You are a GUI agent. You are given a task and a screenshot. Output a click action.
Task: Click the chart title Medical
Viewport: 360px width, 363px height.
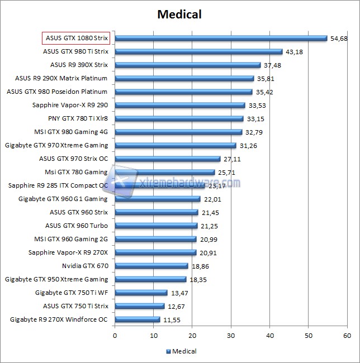179,14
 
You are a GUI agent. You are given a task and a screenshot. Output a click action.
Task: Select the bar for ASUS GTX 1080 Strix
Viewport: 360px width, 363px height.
221,38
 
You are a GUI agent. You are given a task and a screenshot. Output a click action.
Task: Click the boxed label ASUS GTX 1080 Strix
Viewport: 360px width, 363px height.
76,38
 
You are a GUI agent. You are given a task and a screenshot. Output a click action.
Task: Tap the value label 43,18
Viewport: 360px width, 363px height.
294,51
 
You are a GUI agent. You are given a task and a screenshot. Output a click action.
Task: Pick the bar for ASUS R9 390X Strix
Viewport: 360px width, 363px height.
188,65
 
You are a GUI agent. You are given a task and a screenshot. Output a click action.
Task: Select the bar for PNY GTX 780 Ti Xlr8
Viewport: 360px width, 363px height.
179,118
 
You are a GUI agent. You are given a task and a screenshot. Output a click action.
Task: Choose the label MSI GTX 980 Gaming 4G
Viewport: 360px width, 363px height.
71,132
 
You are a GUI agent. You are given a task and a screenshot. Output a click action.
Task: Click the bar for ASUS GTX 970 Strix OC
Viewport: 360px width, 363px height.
168,159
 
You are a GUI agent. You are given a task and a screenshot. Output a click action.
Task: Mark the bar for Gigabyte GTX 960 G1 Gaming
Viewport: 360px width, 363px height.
158,199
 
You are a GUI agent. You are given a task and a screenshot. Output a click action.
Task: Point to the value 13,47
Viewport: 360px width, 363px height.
179,293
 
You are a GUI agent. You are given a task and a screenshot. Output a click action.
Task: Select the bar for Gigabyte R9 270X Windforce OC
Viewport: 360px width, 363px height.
138,319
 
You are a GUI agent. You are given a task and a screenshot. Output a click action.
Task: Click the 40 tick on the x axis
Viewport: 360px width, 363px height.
269,336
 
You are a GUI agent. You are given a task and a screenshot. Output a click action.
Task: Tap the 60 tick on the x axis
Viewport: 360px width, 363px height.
347,336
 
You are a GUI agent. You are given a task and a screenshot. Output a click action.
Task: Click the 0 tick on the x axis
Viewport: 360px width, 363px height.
115,336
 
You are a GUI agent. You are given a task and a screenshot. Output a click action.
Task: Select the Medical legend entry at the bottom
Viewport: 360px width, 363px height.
181,351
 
